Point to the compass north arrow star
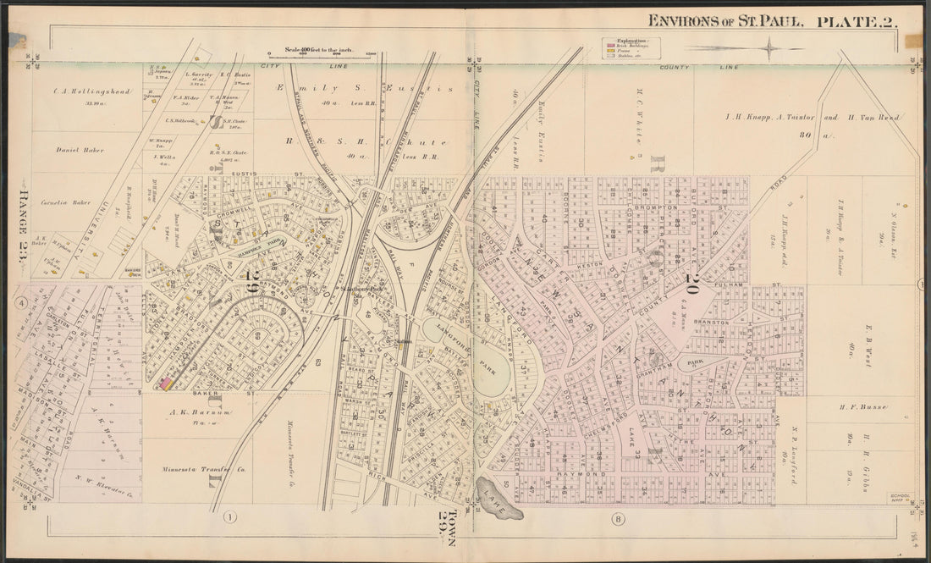click(x=766, y=49)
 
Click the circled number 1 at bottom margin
click(x=229, y=516)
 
